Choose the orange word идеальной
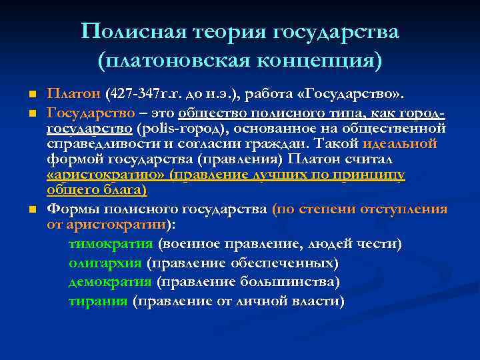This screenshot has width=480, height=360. [x=399, y=143]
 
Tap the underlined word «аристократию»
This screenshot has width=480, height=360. [x=106, y=175]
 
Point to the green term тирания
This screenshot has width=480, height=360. [x=98, y=301]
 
